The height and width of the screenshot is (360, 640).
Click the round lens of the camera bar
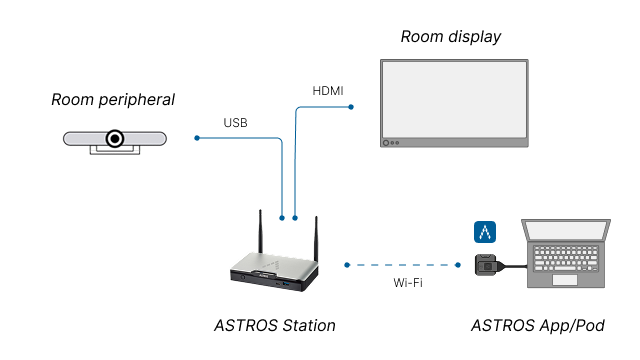coord(115,138)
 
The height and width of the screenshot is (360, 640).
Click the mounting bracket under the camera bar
coord(115,152)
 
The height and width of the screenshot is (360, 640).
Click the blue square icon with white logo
coord(485,232)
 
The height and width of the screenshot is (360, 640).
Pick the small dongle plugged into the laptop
coord(486,265)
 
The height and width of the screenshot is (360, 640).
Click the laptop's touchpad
coord(565,280)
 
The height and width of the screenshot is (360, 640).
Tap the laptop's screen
coord(566,231)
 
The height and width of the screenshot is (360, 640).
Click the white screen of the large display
coord(454,99)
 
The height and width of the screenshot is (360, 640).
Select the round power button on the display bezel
coord(386,143)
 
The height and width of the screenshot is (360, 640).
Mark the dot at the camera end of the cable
coord(197,138)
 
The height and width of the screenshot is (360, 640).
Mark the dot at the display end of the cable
coord(351,106)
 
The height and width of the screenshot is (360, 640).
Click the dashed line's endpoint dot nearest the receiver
coord(347,265)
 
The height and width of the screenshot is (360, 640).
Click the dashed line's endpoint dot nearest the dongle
coord(458,265)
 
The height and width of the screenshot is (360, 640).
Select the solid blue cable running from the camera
coord(240,138)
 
